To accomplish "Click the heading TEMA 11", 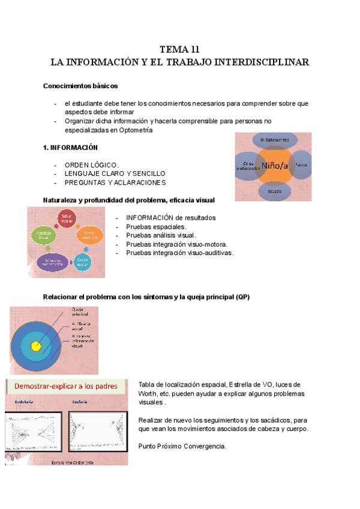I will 179,49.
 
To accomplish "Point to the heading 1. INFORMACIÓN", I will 70,148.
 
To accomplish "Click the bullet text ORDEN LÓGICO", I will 91,165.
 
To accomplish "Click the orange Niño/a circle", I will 274,164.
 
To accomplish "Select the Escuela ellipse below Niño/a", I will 275,191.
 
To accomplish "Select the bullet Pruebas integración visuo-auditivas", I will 179,253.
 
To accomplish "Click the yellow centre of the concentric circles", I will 36,346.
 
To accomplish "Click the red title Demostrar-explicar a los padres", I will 65,386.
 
